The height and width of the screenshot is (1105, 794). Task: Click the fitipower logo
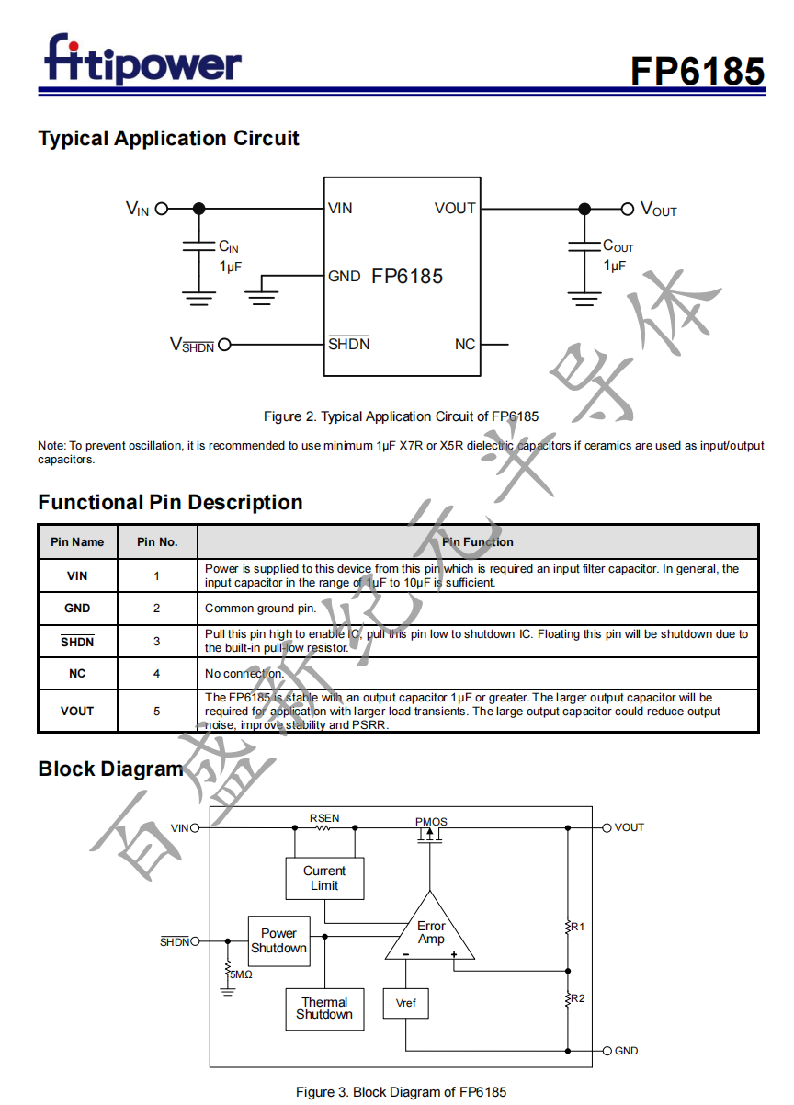coord(142,61)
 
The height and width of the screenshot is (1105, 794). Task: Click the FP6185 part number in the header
coord(697,71)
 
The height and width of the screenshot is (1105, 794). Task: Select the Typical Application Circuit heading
coord(168,139)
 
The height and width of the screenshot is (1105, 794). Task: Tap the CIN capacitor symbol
coord(198,246)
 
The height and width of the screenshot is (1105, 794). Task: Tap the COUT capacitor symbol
coord(584,245)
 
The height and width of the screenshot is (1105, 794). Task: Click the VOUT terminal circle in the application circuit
coord(628,209)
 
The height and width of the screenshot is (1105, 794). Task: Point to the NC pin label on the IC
coord(465,344)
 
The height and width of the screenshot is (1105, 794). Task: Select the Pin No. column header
coord(157,541)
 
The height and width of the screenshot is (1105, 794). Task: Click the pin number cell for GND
coord(157,608)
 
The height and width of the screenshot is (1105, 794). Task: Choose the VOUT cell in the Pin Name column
coord(77,711)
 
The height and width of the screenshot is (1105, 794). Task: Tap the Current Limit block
coord(324,878)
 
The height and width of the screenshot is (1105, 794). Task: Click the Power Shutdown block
coord(278,940)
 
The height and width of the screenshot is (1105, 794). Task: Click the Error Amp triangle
coord(430,933)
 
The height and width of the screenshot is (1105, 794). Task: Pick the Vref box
coord(405,1003)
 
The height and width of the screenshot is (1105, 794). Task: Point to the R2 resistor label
coord(577,998)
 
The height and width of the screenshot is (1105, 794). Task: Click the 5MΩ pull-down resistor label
coord(241,974)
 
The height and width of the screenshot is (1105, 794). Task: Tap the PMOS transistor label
coord(431,821)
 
